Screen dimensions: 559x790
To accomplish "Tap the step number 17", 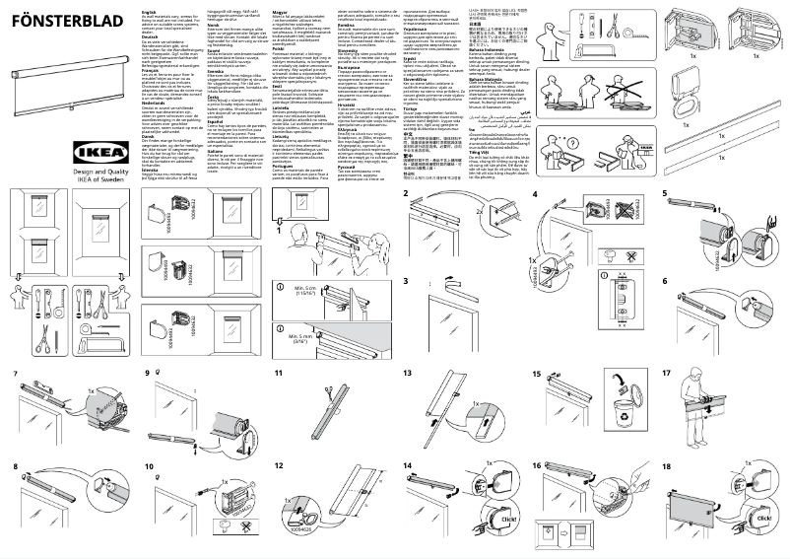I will click(x=667, y=374).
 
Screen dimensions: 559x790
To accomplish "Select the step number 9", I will click(x=149, y=374).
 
